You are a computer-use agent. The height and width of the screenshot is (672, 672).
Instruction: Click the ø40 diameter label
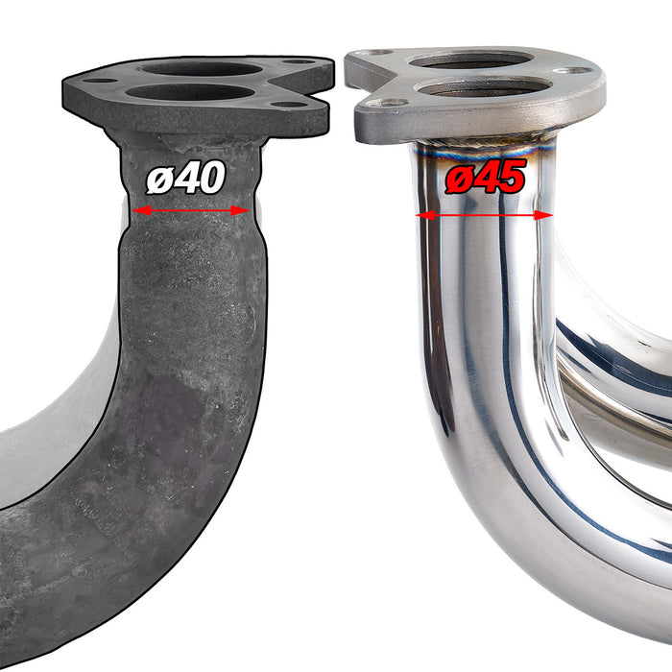pos(186,179)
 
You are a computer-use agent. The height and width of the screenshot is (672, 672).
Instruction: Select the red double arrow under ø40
pos(192,210)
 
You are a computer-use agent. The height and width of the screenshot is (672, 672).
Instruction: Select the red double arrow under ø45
pos(485,215)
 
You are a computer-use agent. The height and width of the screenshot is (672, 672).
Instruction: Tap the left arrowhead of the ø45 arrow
pos(421,215)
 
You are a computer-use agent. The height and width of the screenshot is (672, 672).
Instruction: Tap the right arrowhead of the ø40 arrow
pos(244,210)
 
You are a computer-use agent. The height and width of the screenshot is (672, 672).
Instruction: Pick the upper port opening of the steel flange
pos(471,60)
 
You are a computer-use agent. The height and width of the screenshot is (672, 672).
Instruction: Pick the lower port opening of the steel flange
pos(484,88)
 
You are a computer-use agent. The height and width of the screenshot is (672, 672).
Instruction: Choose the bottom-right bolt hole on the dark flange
pos(285,105)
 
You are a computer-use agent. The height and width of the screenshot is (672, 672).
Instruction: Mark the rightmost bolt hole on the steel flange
pos(574,70)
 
